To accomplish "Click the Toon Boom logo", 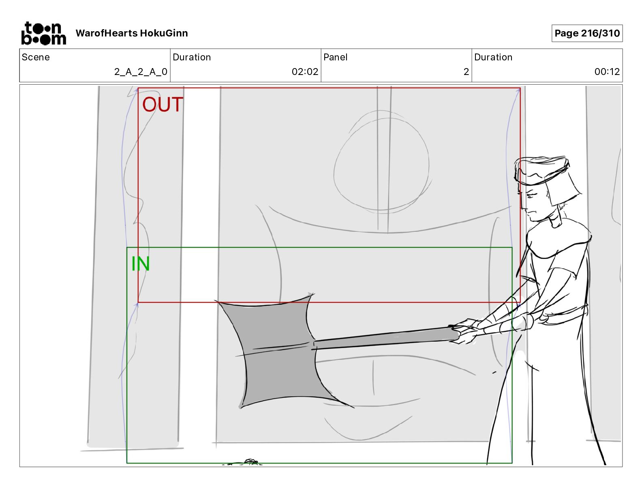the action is pyautogui.click(x=43, y=33).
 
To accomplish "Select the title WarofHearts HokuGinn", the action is pyautogui.click(x=132, y=33).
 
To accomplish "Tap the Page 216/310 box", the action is pyautogui.click(x=587, y=33).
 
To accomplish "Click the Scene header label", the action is pyautogui.click(x=36, y=57).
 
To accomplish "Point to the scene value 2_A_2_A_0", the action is pyautogui.click(x=141, y=72).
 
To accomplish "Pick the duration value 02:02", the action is pyautogui.click(x=305, y=72).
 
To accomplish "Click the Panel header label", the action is pyautogui.click(x=336, y=57).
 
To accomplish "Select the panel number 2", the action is pyautogui.click(x=466, y=72).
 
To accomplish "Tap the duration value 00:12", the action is pyautogui.click(x=607, y=72).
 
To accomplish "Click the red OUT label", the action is pyautogui.click(x=163, y=105).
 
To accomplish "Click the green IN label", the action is pyautogui.click(x=141, y=264).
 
